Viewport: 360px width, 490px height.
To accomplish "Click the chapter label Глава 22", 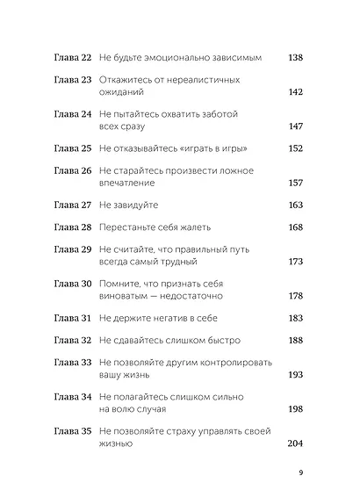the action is [73, 57].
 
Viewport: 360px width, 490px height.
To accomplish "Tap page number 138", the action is [295, 57].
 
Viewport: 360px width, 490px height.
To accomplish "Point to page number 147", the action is [295, 126].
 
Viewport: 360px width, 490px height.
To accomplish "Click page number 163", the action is [295, 205].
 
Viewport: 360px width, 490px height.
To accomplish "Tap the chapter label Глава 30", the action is [73, 284].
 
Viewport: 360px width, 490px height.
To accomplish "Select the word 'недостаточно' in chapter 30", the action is [198, 296].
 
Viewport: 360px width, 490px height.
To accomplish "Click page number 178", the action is [295, 296].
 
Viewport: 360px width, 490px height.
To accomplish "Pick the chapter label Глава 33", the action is [73, 362].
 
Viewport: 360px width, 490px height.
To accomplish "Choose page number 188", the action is [295, 340].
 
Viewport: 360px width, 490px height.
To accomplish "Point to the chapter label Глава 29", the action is [73, 249].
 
